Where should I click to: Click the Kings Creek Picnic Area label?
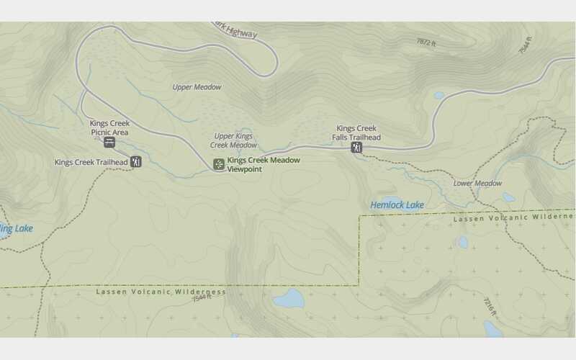[x=109, y=127]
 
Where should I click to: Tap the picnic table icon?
[x=109, y=142]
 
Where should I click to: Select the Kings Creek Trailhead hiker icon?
[x=136, y=162]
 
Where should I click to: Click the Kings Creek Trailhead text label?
[x=91, y=162]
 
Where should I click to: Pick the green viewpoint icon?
[x=219, y=165]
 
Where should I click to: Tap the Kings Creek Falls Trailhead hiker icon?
[x=356, y=148]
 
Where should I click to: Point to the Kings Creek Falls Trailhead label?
[x=356, y=132]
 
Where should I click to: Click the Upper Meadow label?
[x=197, y=87]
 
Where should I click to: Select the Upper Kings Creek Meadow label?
[x=234, y=140]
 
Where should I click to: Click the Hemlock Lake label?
[x=397, y=205]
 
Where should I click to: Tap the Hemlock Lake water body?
[x=392, y=200]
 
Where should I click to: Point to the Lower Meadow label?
[x=477, y=184]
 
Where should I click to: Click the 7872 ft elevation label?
[x=426, y=42]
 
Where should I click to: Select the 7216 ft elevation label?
[x=489, y=308]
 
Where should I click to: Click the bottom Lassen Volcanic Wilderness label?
[x=161, y=292]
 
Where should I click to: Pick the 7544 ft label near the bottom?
[x=202, y=297]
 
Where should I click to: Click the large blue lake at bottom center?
[x=288, y=298]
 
